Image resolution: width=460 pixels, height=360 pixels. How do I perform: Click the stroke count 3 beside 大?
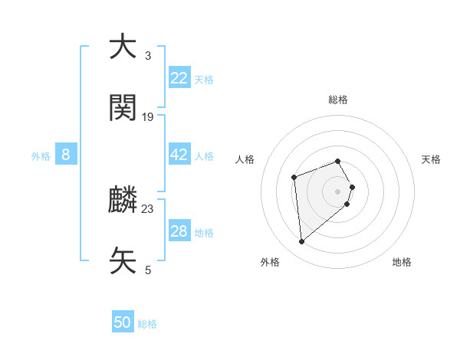tap(148, 56)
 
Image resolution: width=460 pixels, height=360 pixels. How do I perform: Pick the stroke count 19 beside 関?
tap(148, 117)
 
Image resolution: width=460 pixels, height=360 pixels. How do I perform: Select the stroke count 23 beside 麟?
tap(148, 208)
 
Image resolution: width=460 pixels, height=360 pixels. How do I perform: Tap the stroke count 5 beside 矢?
tap(148, 270)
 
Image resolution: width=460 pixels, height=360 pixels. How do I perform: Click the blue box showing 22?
tap(179, 78)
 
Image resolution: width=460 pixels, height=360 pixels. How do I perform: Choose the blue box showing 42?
tap(179, 155)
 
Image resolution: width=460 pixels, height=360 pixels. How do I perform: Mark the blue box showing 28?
tap(179, 231)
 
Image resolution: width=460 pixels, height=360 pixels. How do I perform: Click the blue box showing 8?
tap(66, 155)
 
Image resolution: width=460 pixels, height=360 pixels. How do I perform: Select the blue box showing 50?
tap(123, 322)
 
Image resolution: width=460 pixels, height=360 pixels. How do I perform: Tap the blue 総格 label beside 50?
tap(147, 324)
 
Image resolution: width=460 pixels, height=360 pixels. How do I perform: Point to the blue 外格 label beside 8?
tap(41, 156)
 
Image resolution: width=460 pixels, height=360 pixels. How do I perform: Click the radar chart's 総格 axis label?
tap(338, 100)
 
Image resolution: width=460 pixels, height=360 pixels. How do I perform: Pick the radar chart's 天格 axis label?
tap(431, 159)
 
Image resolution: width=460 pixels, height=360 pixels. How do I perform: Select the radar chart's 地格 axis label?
tap(402, 262)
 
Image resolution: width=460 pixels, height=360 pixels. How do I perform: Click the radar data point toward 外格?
tap(302, 242)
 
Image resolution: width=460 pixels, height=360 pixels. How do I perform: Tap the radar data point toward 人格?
tap(294, 178)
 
